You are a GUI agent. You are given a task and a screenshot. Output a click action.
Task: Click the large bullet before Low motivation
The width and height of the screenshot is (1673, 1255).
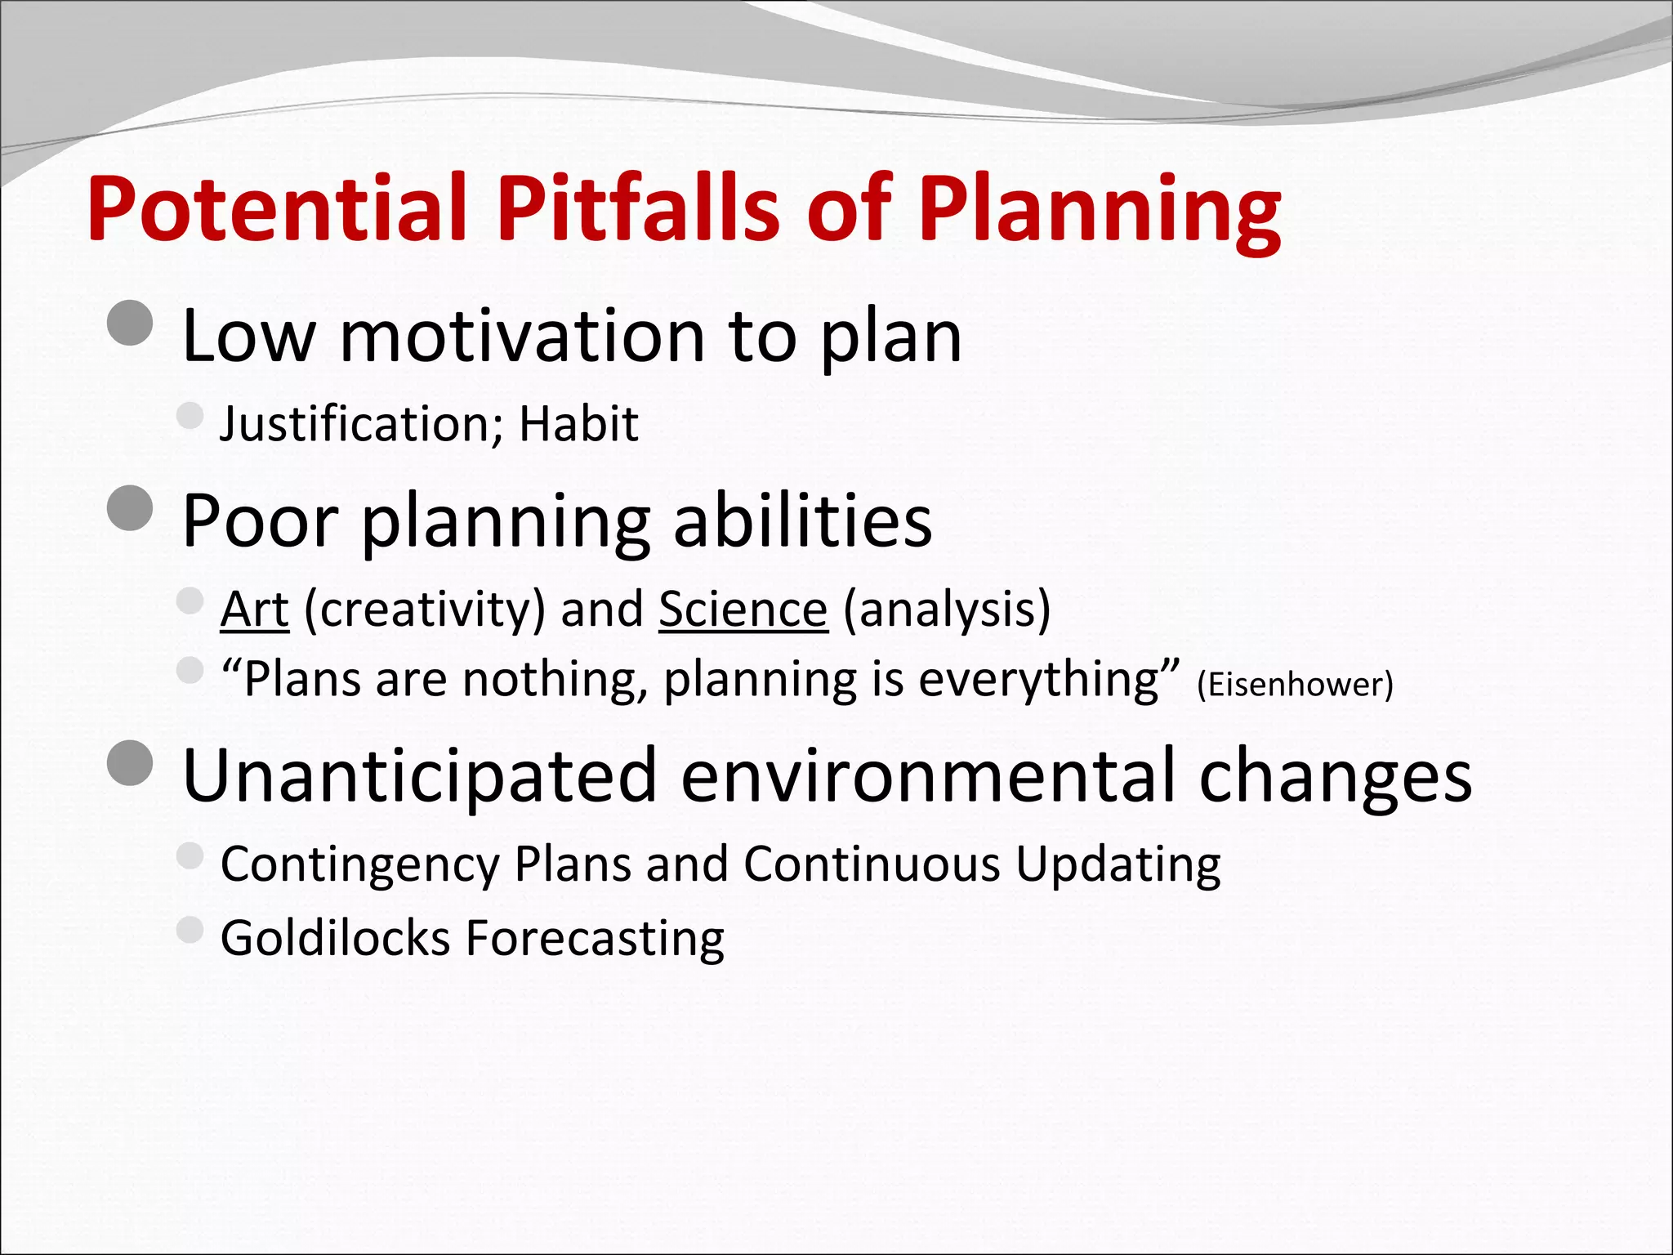tap(130, 324)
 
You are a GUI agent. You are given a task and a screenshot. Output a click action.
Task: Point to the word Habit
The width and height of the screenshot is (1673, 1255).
tap(578, 424)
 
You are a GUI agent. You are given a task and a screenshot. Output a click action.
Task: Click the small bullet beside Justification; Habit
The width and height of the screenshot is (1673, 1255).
tap(190, 415)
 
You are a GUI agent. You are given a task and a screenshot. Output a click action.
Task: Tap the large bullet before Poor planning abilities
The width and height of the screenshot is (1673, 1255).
tap(130, 508)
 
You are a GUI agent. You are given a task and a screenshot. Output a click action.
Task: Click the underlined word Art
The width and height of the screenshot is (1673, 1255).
tap(254, 610)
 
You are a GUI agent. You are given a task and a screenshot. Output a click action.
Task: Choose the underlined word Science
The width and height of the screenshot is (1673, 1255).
tap(743, 610)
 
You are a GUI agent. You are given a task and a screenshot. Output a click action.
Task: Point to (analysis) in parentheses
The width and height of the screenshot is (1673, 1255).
tap(946, 610)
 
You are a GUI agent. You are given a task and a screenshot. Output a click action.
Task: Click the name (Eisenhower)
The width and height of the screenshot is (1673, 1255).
tap(1294, 685)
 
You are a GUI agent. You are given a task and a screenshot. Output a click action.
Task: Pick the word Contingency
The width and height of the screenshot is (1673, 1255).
tap(360, 864)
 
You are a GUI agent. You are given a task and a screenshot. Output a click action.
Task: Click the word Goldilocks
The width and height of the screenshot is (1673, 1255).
tap(335, 937)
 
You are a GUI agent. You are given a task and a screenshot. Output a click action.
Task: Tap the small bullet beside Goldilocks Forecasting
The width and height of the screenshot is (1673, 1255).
tap(190, 929)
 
